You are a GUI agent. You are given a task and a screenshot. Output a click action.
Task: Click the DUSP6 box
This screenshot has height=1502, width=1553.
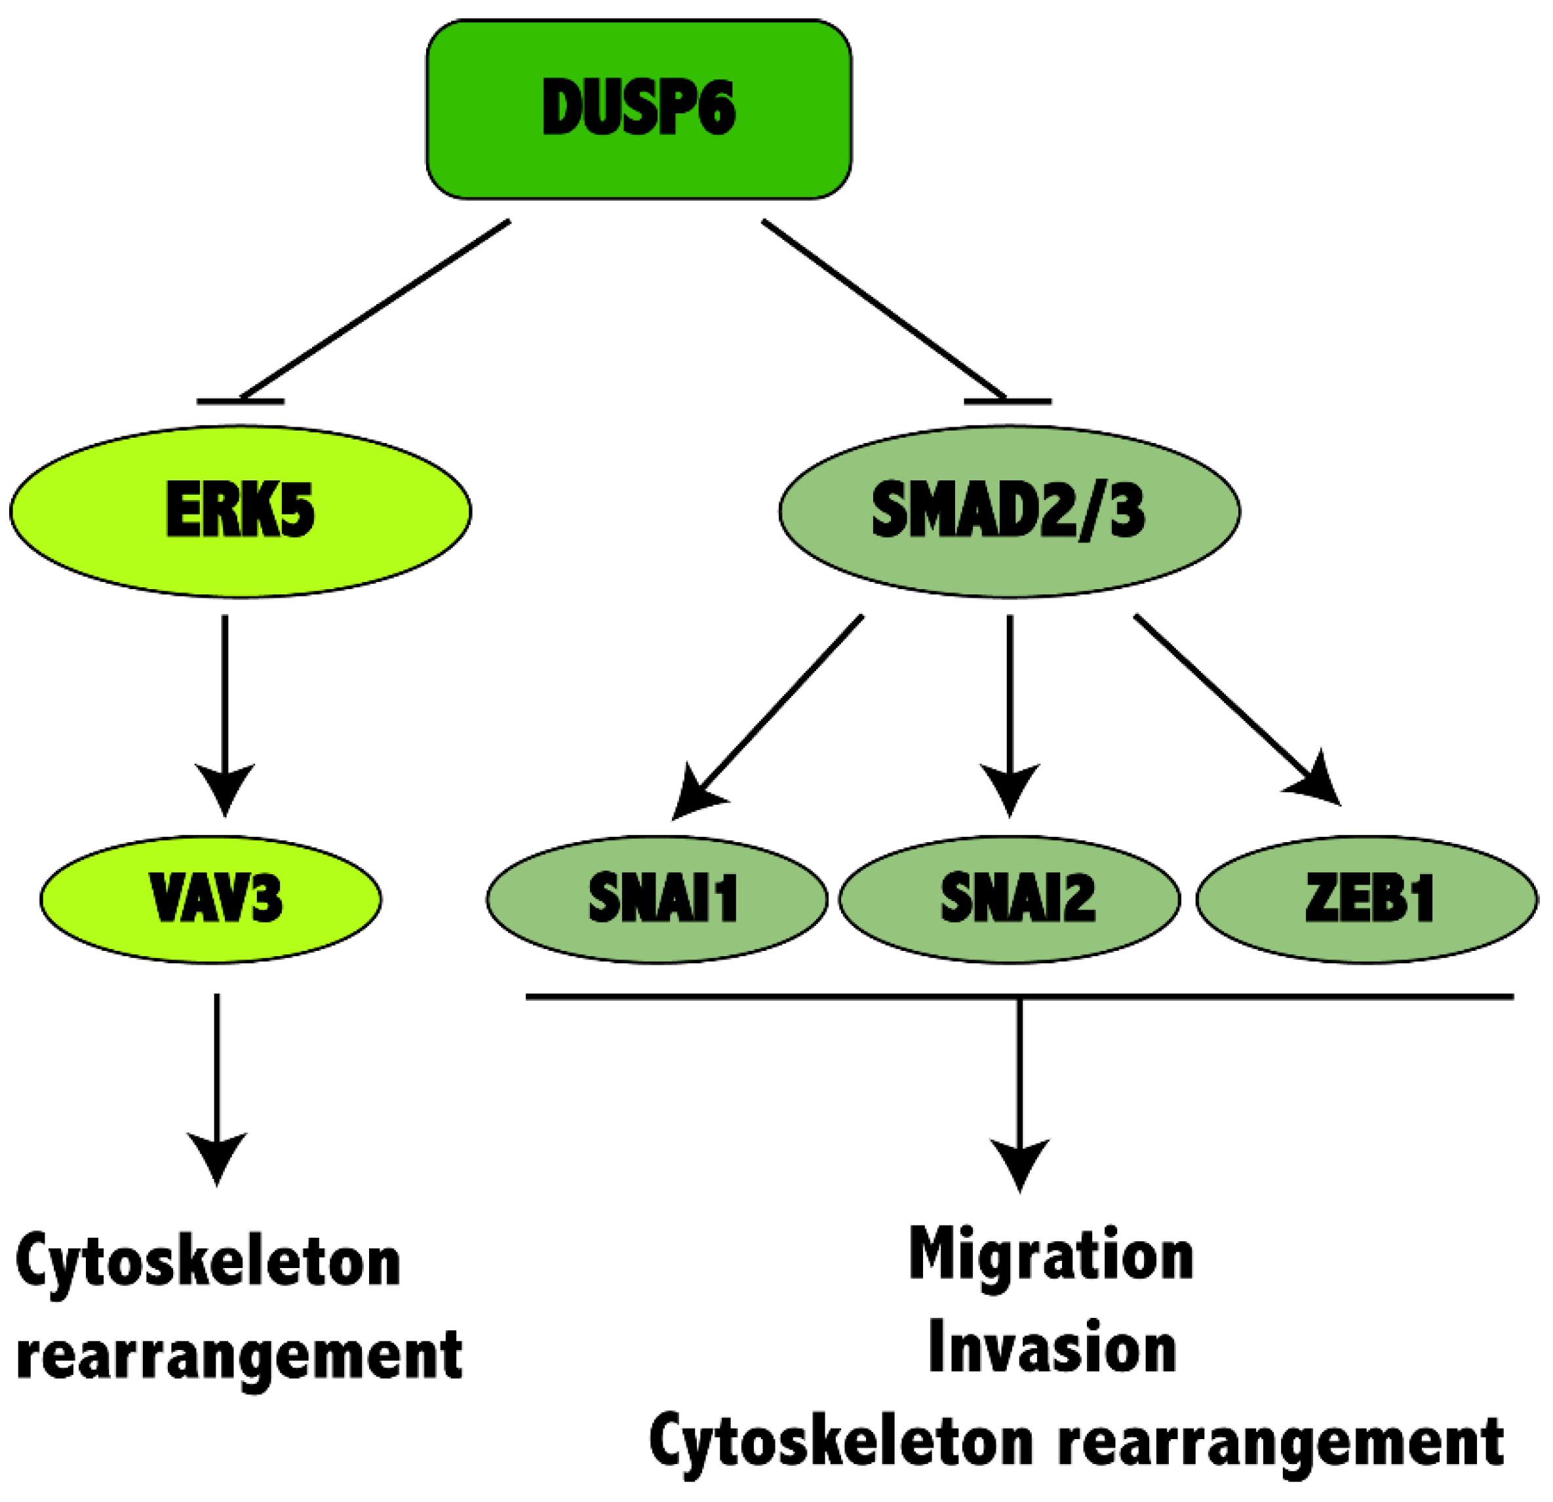point(639,109)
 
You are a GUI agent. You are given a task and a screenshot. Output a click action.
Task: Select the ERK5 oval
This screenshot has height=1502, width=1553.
point(240,511)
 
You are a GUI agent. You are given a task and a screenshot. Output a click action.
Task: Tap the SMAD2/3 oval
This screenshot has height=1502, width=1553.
point(1009,511)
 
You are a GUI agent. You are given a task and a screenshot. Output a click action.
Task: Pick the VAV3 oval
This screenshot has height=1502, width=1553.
point(211,899)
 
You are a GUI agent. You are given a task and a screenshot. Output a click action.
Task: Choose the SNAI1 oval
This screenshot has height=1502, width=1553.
point(657,899)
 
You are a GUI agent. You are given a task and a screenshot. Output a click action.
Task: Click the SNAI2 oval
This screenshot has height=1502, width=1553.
point(1009,899)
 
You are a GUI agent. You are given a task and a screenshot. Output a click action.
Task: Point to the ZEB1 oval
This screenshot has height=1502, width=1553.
point(1366,899)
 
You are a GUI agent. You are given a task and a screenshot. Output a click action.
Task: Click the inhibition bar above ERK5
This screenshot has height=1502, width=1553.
point(240,402)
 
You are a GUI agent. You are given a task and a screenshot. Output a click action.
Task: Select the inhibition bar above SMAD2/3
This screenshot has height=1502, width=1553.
point(1007,402)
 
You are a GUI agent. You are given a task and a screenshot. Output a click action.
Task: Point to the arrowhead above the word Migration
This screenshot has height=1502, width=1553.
point(1019,1165)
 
